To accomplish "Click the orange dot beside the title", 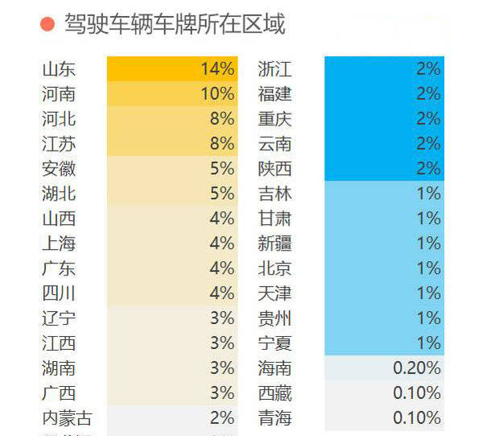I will [47, 25].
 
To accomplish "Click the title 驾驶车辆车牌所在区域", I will [175, 25].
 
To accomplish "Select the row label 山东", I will [59, 69].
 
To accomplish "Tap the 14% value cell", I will [172, 69].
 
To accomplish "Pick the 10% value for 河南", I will [172, 94].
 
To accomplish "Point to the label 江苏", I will [59, 144].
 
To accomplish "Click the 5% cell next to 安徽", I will [172, 169].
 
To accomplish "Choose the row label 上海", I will [59, 243].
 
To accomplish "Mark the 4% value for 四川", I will [172, 293].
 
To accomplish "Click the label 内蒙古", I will [67, 418].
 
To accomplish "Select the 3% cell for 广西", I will [172, 393].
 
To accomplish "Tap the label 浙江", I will [275, 69].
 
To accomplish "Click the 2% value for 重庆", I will [384, 119].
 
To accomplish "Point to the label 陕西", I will [275, 169].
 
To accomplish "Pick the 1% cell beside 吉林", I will [384, 193].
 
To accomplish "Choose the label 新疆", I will [275, 243].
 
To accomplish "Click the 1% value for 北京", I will [384, 268].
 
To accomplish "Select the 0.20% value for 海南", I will [384, 368].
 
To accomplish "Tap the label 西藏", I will [275, 393].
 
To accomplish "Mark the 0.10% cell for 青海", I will [384, 418].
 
